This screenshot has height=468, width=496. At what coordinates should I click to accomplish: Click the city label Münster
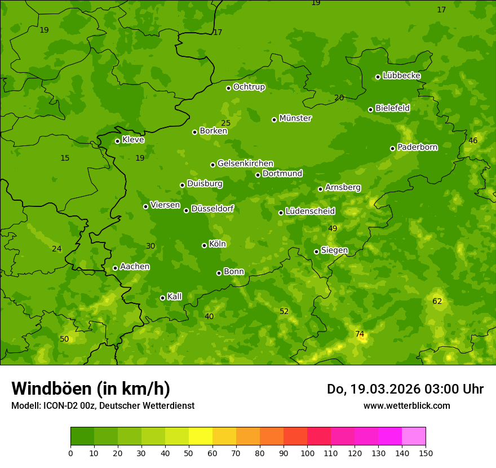(295, 118)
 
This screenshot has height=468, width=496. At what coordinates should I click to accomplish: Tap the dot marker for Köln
(204, 245)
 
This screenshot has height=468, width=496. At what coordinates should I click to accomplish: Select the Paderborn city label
(417, 147)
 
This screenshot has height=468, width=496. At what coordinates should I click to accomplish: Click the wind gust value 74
(360, 334)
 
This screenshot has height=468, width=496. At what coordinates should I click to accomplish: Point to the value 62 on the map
(437, 302)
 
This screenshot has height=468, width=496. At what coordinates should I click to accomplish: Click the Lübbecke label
(401, 76)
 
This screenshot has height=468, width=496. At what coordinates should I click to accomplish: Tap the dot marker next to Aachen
(115, 268)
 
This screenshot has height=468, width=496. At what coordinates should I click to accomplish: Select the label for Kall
(174, 297)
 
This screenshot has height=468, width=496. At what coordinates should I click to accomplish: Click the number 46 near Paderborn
(473, 141)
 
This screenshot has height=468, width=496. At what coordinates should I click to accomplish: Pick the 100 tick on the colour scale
(307, 453)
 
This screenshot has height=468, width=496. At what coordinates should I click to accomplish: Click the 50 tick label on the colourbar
(189, 453)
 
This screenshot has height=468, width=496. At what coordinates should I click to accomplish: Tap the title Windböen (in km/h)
(91, 388)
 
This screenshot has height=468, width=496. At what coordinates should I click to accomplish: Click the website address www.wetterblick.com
(406, 406)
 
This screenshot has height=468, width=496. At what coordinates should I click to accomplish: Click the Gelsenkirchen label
(245, 164)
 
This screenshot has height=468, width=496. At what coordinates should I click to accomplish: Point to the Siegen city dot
(316, 251)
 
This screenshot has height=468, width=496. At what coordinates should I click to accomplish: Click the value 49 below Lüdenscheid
(333, 228)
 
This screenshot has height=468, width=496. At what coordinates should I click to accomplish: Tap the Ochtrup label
(249, 87)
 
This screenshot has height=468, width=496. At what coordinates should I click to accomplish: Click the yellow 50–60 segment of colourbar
(201, 436)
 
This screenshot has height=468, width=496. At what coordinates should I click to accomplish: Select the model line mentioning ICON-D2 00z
(103, 406)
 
